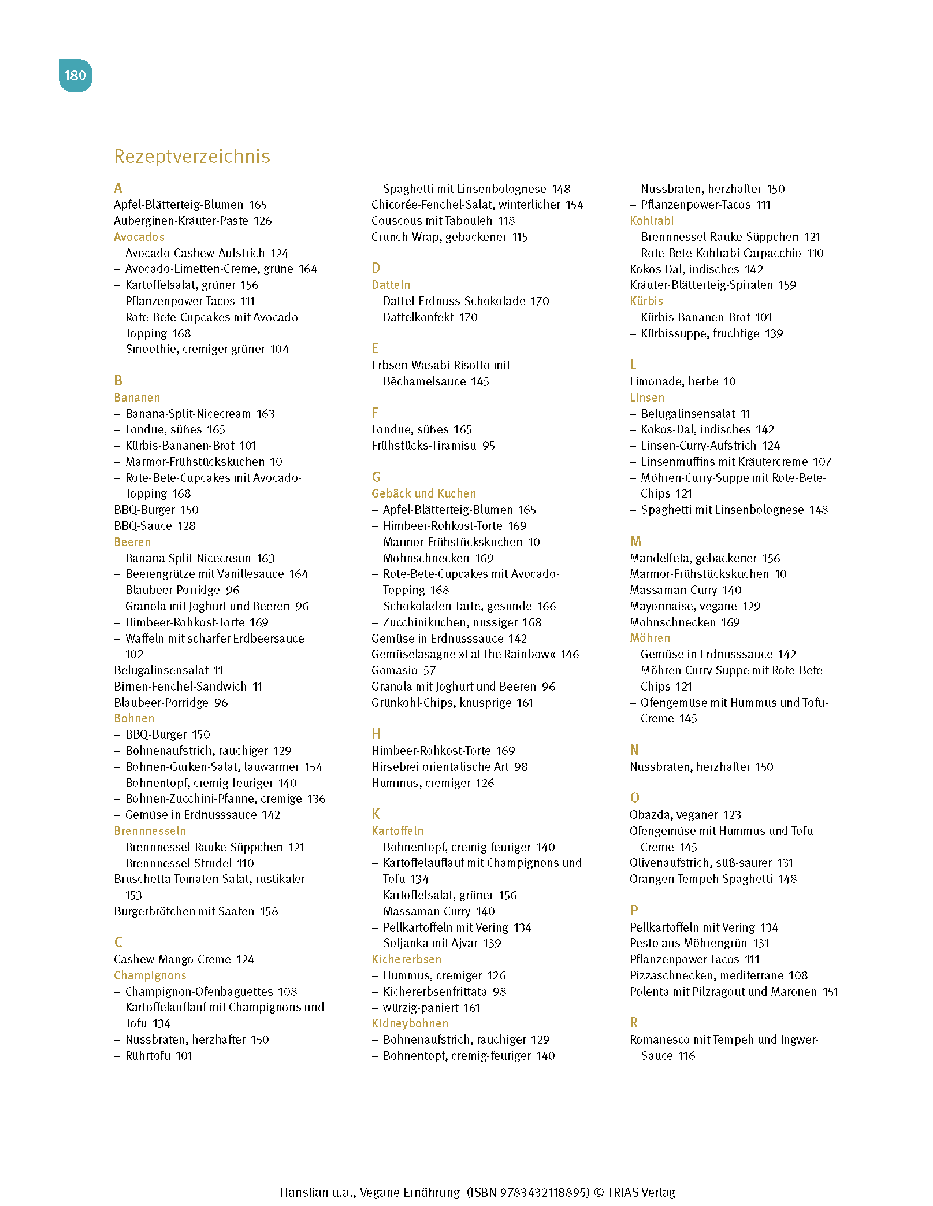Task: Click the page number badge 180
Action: click(75, 76)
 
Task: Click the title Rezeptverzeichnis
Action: click(192, 157)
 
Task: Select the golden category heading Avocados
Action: click(139, 237)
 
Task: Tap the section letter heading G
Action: click(376, 477)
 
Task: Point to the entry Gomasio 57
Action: click(403, 670)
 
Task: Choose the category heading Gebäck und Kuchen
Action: click(423, 493)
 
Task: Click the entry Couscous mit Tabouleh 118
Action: click(443, 221)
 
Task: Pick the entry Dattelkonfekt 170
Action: click(430, 317)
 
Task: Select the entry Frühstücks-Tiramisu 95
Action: click(433, 446)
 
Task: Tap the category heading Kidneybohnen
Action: click(410, 1023)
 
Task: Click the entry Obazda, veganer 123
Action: click(685, 815)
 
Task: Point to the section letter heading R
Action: click(634, 1023)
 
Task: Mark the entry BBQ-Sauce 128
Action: click(154, 526)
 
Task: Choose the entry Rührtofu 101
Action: click(158, 1056)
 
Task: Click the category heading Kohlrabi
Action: click(652, 221)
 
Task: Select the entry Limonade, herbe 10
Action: click(682, 381)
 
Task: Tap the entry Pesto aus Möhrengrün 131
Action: click(699, 943)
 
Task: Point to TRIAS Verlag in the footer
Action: click(641, 1192)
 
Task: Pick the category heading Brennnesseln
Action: click(150, 831)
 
